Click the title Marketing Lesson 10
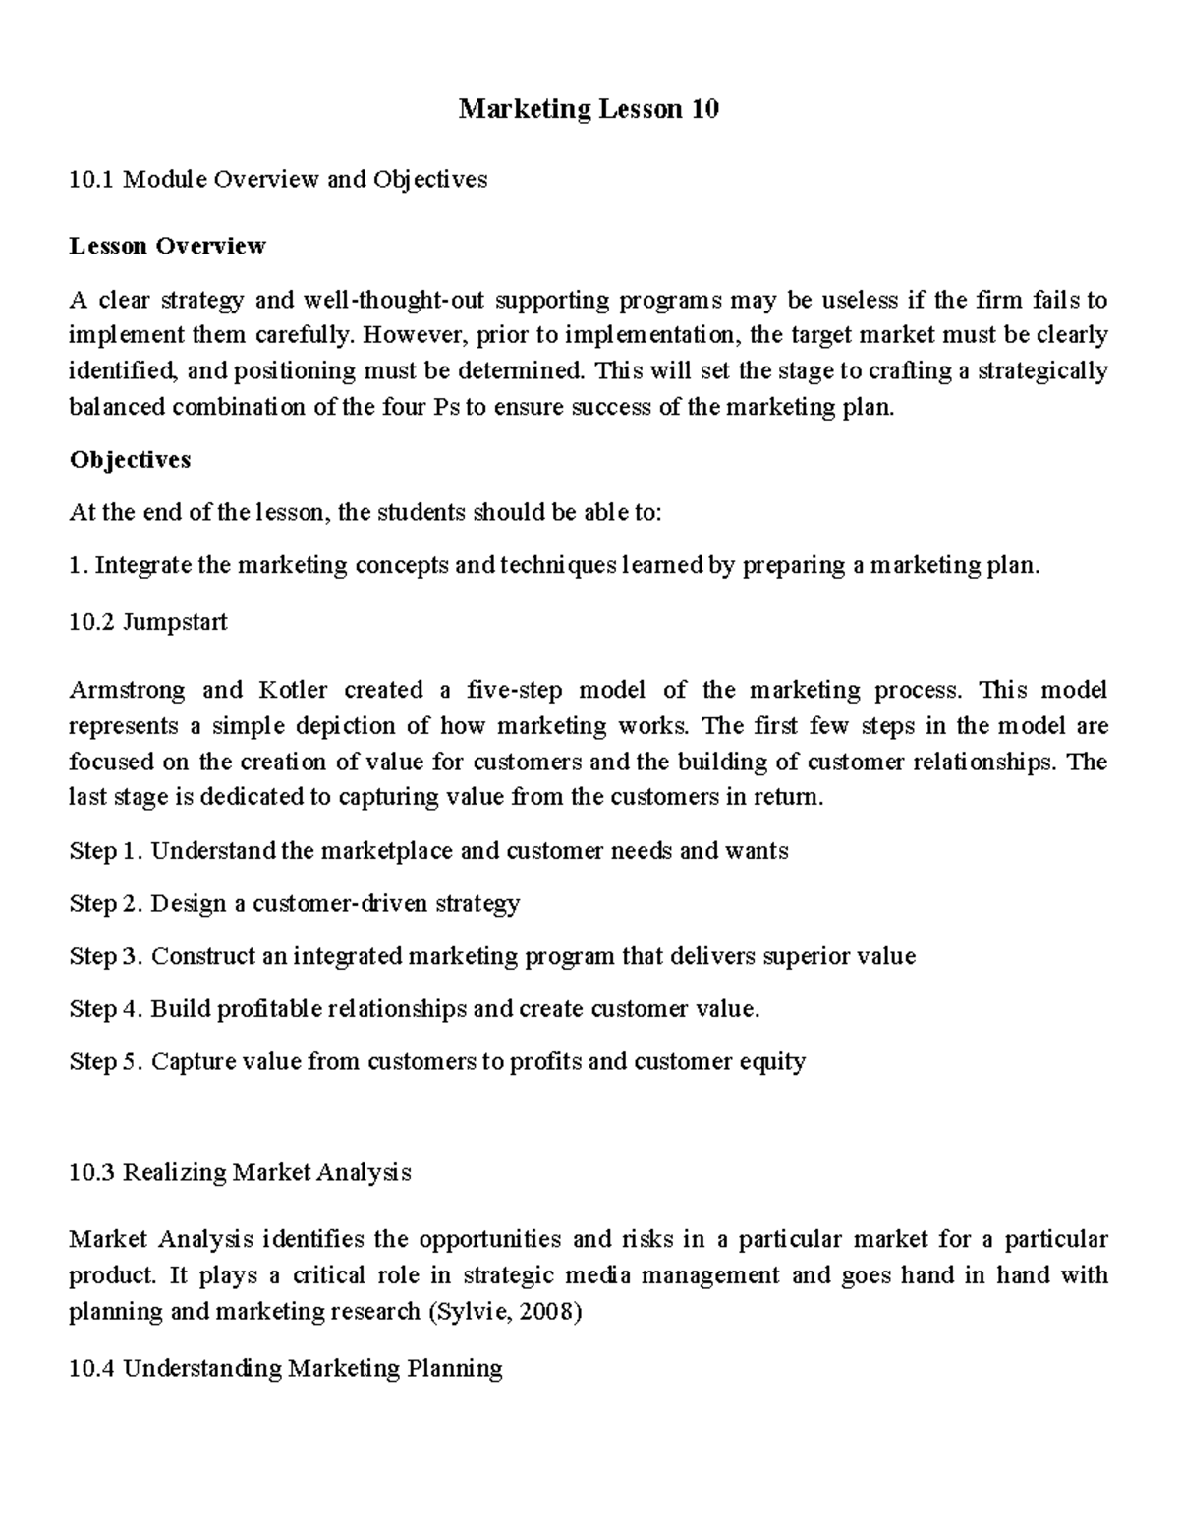click(589, 109)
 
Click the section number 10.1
click(91, 180)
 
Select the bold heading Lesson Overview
click(167, 246)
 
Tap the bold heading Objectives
click(130, 460)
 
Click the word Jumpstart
click(174, 622)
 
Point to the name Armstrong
click(127, 690)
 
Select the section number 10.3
click(91, 1173)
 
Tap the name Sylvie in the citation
click(475, 1313)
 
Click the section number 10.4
click(91, 1369)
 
